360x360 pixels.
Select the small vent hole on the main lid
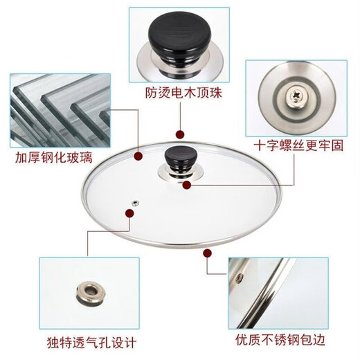pos(136,203)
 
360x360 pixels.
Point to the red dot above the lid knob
pos(180,135)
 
